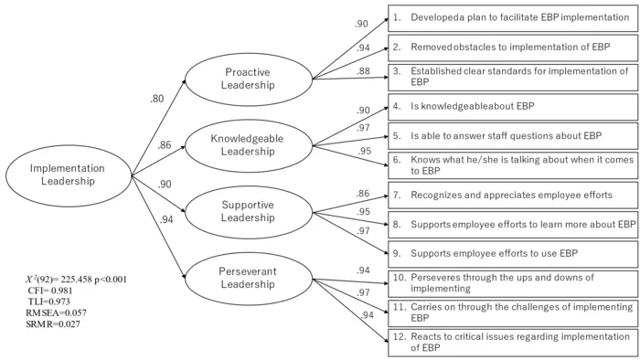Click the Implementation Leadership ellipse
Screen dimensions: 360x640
pyautogui.click(x=68, y=175)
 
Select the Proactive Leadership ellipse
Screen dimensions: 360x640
pyautogui.click(x=250, y=79)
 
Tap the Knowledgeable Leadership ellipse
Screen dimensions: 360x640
pyautogui.click(x=250, y=145)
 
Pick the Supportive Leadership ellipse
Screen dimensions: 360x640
pyautogui.click(x=250, y=211)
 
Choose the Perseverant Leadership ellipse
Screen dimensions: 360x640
pyautogui.click(x=250, y=278)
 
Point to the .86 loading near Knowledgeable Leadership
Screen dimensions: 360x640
pyautogui.click(x=165, y=145)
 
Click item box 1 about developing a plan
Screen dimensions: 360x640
pyautogui.click(x=512, y=17)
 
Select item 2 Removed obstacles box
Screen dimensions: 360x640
pyautogui.click(x=512, y=46)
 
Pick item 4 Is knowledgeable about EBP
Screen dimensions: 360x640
pyautogui.click(x=512, y=106)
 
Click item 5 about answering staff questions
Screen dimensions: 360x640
pyautogui.click(x=512, y=135)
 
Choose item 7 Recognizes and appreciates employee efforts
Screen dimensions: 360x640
pyautogui.click(x=512, y=195)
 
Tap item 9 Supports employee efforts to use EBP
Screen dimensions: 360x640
pyautogui.click(x=512, y=252)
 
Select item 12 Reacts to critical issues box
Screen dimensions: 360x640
pyautogui.click(x=512, y=342)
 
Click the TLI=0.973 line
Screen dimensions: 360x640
pyautogui.click(x=53, y=301)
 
